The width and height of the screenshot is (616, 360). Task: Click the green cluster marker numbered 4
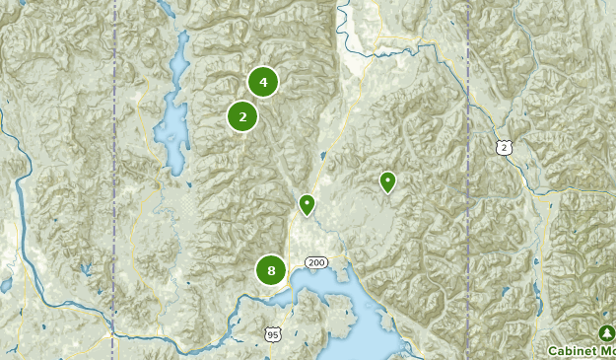(263, 82)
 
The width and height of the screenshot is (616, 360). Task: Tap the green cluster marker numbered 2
(242, 116)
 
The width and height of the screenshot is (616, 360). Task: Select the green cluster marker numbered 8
(271, 269)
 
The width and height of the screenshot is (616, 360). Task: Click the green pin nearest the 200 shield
(307, 204)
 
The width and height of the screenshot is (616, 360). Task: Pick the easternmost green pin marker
(387, 181)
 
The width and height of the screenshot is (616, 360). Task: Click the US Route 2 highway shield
(505, 147)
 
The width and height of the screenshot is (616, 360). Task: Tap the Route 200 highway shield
(316, 262)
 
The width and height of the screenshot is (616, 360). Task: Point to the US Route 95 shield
(273, 335)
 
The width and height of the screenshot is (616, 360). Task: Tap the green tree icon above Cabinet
(605, 332)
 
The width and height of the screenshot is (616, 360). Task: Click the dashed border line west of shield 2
(467, 148)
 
